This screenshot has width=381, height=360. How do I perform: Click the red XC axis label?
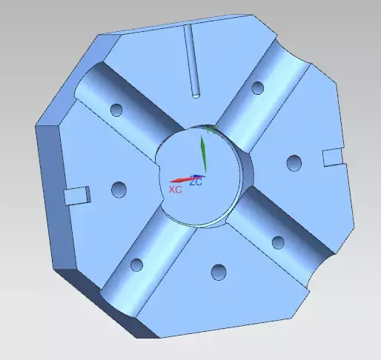(175, 190)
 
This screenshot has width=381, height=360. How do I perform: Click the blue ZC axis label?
(196, 181)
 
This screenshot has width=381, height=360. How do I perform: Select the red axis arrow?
(181, 180)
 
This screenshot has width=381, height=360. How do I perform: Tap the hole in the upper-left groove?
(116, 110)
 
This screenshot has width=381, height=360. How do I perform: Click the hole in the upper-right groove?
(258, 88)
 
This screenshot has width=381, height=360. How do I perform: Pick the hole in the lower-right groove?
(278, 241)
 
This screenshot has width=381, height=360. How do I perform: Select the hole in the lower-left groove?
(136, 264)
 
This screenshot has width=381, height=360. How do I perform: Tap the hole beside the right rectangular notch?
(294, 162)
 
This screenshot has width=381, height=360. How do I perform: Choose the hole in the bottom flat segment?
(218, 272)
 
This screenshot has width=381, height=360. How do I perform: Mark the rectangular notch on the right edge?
(332, 156)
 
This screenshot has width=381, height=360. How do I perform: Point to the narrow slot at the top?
(191, 59)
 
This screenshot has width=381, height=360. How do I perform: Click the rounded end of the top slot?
(196, 93)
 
